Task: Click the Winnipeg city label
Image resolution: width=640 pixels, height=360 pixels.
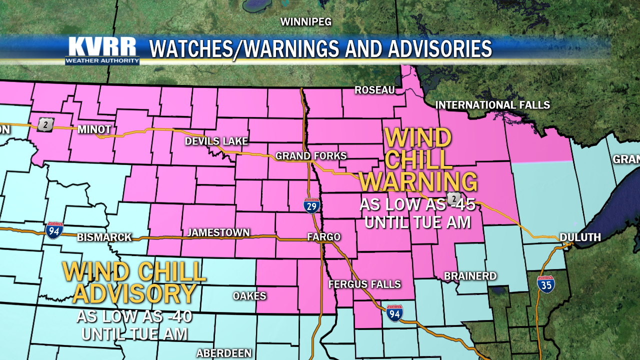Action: pos(305,22)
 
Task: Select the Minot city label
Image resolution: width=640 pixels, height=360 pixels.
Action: pos(94,129)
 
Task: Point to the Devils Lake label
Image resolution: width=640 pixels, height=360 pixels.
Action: pos(216,141)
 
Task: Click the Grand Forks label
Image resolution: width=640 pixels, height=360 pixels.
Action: pos(311,156)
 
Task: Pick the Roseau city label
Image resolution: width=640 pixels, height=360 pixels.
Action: pos(374,90)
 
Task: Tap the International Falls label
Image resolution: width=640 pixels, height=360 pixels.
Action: pos(492,105)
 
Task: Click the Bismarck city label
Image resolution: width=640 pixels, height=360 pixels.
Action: pos(104,237)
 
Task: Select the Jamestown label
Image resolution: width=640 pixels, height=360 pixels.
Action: pos(218,232)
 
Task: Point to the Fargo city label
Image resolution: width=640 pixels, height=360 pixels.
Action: pos(323,237)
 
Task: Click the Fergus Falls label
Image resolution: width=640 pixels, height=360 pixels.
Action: pos(364,284)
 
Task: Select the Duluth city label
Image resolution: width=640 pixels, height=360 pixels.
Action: pos(580,237)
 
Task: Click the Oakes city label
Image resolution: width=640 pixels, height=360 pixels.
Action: pos(249,296)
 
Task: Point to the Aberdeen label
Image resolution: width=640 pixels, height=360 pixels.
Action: pos(223,353)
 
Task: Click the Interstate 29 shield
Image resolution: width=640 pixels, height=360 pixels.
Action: pos(311,205)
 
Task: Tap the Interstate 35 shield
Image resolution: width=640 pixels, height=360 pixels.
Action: pos(546,284)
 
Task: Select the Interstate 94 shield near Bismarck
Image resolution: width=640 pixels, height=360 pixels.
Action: pos(54,230)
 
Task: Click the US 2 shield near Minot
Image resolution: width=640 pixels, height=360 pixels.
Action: pos(45,124)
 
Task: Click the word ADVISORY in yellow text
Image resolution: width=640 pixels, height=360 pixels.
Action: pos(134,294)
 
